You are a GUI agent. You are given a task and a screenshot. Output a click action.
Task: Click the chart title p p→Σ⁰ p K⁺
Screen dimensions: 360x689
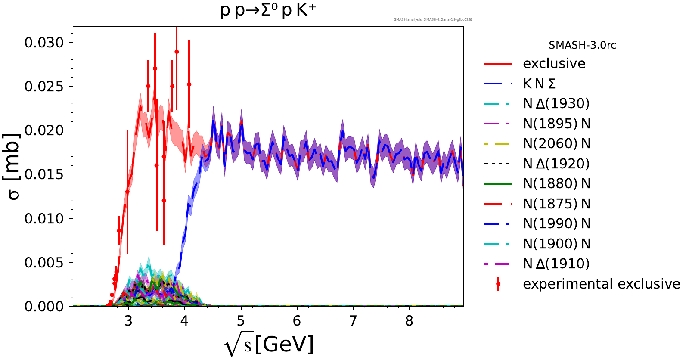click(268, 10)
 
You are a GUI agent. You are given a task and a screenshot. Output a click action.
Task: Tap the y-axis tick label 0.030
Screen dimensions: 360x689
click(44, 43)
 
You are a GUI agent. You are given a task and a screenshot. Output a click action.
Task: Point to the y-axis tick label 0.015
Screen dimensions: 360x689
click(44, 174)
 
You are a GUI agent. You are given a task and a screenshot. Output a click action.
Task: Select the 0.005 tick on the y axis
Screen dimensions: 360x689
click(44, 263)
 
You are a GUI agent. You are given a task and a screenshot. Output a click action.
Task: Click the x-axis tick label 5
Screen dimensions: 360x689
click(241, 321)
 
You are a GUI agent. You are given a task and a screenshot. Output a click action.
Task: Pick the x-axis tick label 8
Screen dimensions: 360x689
click(409, 321)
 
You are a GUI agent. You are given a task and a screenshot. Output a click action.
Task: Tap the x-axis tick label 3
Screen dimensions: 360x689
click(128, 321)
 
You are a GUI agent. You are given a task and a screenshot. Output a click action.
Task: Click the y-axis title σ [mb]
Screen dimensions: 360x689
click(14, 166)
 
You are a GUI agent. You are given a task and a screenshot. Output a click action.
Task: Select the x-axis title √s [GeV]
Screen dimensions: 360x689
click(269, 345)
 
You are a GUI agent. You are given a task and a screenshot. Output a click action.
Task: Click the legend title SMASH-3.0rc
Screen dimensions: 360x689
click(582, 45)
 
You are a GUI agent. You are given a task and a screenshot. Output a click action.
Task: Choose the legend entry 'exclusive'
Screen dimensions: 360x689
click(554, 64)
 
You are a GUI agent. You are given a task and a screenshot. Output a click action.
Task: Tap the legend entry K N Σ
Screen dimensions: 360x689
click(539, 84)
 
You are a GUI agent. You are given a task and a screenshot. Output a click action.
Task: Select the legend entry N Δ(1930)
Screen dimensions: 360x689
click(556, 104)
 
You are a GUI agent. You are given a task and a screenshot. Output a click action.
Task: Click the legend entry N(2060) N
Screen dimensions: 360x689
click(556, 144)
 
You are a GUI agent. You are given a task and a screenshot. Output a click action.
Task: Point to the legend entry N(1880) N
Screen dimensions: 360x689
click(556, 184)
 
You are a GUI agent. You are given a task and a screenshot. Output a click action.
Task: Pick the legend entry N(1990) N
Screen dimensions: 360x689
click(556, 224)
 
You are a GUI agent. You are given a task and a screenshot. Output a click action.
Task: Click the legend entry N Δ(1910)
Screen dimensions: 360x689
click(556, 264)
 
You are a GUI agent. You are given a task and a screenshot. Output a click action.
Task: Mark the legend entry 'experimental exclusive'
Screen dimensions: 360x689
click(601, 284)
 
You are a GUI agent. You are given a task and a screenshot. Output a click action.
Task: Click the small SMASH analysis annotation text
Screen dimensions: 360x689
click(433, 19)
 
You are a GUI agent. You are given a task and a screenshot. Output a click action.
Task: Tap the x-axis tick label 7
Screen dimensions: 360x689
click(353, 321)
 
